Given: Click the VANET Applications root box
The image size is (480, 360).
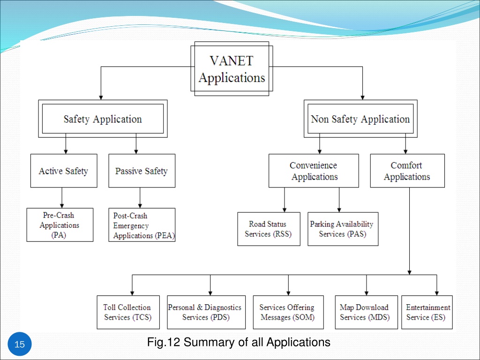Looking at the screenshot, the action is click(232, 68).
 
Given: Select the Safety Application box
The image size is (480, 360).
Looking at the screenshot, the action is click(103, 119).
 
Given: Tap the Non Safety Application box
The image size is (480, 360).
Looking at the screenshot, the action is click(360, 119).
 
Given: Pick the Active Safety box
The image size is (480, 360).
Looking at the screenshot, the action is click(64, 171).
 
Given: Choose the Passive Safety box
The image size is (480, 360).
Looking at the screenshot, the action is click(142, 171).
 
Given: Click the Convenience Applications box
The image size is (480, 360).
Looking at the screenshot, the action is click(314, 171).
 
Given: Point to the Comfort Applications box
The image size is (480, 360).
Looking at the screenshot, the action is click(407, 171).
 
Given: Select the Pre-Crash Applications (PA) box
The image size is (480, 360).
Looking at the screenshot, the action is click(60, 225).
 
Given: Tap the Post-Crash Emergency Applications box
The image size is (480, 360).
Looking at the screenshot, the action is click(142, 225).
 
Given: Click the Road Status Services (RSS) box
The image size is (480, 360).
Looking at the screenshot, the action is click(269, 229).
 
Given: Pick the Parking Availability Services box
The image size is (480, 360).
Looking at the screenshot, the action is click(343, 229).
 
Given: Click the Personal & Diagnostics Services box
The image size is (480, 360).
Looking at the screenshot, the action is click(206, 312).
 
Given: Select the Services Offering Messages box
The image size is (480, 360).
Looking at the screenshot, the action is click(288, 312).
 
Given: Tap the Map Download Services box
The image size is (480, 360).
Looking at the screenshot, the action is click(367, 312).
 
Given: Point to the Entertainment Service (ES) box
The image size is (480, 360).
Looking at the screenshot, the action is click(427, 312).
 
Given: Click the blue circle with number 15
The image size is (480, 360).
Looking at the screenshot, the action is click(19, 344).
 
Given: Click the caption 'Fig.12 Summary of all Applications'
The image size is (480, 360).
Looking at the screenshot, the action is click(239, 342).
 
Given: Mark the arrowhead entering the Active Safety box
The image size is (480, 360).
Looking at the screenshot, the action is click(66, 151).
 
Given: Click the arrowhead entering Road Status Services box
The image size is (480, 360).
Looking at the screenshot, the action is click(285, 210).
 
